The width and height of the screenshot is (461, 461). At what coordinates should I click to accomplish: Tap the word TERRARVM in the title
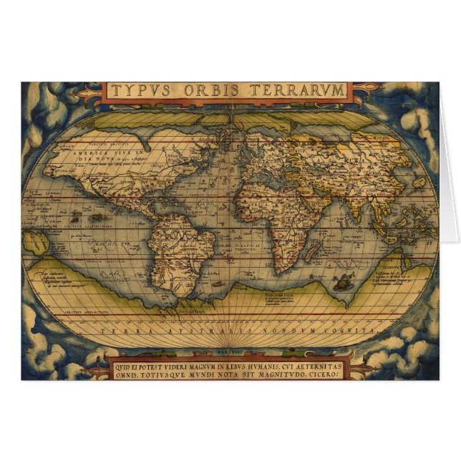tap(300, 91)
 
